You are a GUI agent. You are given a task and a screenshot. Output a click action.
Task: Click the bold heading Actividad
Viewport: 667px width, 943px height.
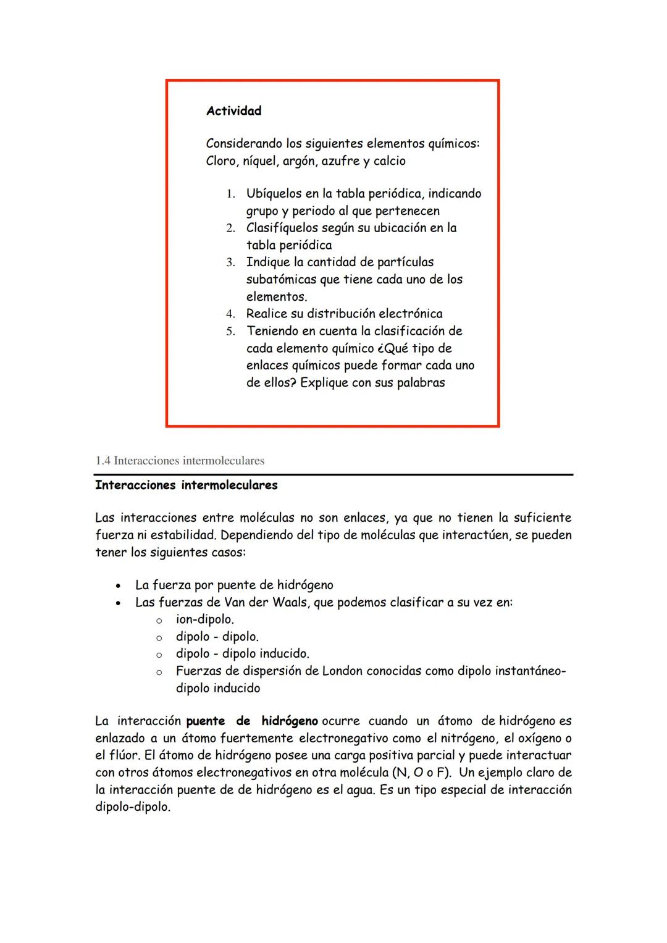point(233,111)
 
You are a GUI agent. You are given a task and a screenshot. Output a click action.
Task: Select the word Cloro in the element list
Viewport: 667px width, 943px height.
point(221,161)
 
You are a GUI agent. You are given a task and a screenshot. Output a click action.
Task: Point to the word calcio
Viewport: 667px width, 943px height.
point(389,161)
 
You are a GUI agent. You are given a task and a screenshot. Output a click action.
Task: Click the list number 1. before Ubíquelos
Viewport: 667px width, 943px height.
point(230,194)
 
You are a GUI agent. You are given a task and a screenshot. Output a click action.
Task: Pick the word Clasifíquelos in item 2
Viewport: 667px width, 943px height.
point(285,228)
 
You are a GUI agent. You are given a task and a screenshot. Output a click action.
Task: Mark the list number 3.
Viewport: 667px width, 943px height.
point(230,262)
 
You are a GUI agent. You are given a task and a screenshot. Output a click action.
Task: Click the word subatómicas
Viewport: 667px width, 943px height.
point(281,280)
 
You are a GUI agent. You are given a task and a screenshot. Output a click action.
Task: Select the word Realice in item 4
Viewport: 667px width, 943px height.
point(266,314)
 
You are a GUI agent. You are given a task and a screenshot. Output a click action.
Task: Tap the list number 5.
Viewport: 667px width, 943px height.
point(230,332)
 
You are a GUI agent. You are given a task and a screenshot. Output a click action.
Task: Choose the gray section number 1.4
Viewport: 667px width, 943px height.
point(103,461)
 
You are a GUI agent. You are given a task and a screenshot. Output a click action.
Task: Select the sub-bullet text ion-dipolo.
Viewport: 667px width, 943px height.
point(204,619)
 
